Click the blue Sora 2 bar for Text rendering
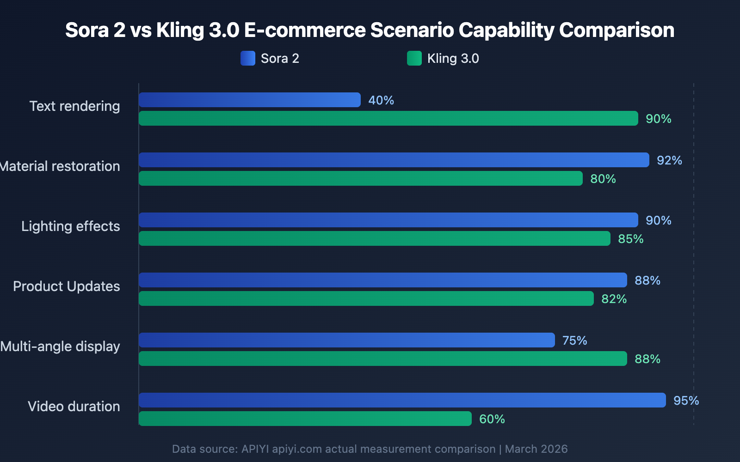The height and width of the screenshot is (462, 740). (250, 100)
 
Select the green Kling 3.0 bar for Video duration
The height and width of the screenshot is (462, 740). (305, 419)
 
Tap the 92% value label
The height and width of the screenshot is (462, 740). (669, 160)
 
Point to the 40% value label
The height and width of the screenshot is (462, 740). (381, 100)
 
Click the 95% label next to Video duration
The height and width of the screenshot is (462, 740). (686, 401)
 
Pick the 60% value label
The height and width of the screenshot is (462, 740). (492, 419)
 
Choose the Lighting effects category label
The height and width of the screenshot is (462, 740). (71, 226)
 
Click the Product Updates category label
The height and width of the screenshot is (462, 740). (67, 286)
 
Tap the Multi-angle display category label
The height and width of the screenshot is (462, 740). (60, 346)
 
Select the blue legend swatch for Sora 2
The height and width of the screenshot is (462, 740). (248, 58)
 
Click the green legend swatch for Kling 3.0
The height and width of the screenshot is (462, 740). (414, 58)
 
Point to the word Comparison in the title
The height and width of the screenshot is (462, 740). (617, 30)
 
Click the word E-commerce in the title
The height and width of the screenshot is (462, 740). (304, 30)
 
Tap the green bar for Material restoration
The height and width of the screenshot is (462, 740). (361, 178)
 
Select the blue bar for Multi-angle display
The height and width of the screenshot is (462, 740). (347, 340)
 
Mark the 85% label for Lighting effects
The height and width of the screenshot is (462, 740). (630, 239)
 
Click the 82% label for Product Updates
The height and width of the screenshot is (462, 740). (614, 299)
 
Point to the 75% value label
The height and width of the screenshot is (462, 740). (574, 340)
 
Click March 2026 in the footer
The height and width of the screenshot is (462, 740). (536, 449)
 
